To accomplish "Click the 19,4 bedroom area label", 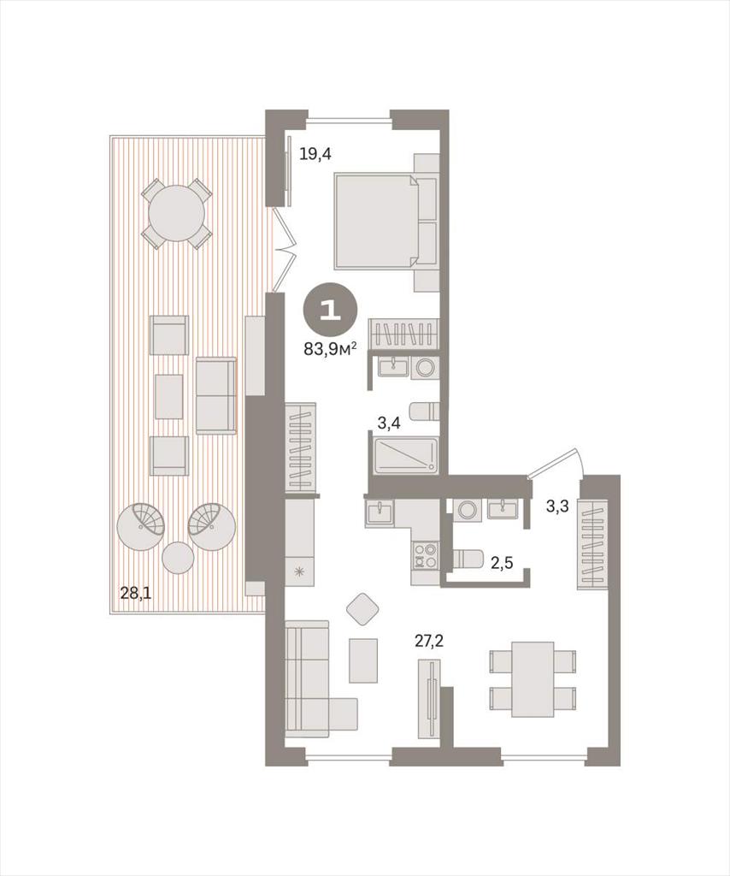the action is pos(315,153).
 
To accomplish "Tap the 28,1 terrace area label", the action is pos(136,593).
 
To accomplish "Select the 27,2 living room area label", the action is pos(428,641).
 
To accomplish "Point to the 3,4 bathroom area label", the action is pos(388,423).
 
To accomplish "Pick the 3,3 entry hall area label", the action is pos(557,506).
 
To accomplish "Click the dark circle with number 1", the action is pos(331,311).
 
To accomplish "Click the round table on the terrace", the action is pos(177,213).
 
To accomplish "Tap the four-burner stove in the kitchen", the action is pos(425,556).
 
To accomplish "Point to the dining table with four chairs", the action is pos(533,678).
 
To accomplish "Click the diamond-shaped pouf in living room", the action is pos(363,609).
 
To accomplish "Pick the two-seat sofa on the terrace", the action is pos(215,396).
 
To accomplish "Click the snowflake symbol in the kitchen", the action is pos(300,571).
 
